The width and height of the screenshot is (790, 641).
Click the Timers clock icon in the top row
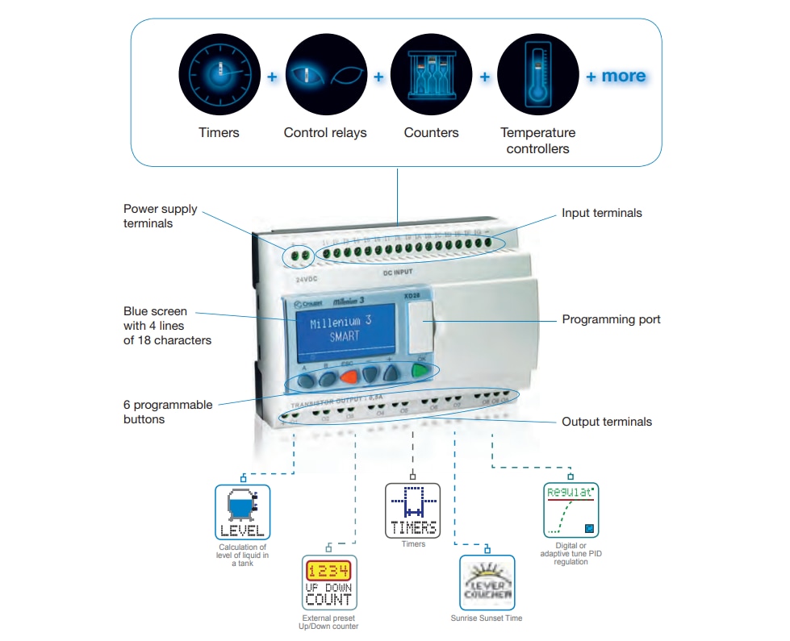pyautogui.click(x=219, y=74)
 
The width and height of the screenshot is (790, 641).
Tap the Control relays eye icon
pyautogui.click(x=325, y=74)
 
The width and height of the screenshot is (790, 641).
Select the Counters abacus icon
pyautogui.click(x=431, y=74)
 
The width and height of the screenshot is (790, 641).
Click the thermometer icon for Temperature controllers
pyautogui.click(x=537, y=74)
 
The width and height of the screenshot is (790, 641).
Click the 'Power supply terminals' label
pyautogui.click(x=160, y=216)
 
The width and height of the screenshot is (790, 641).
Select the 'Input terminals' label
pyautogui.click(x=601, y=214)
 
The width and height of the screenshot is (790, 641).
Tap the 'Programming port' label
pyautogui.click(x=611, y=319)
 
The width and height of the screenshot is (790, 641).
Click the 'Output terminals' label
pyautogui.click(x=606, y=422)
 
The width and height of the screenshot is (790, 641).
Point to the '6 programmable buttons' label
pyautogui.click(x=168, y=412)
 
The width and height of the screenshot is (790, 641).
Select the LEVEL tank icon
pyautogui.click(x=242, y=512)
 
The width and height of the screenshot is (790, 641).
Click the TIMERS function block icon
pyautogui.click(x=413, y=510)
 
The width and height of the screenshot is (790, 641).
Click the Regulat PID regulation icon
pyautogui.click(x=571, y=510)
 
